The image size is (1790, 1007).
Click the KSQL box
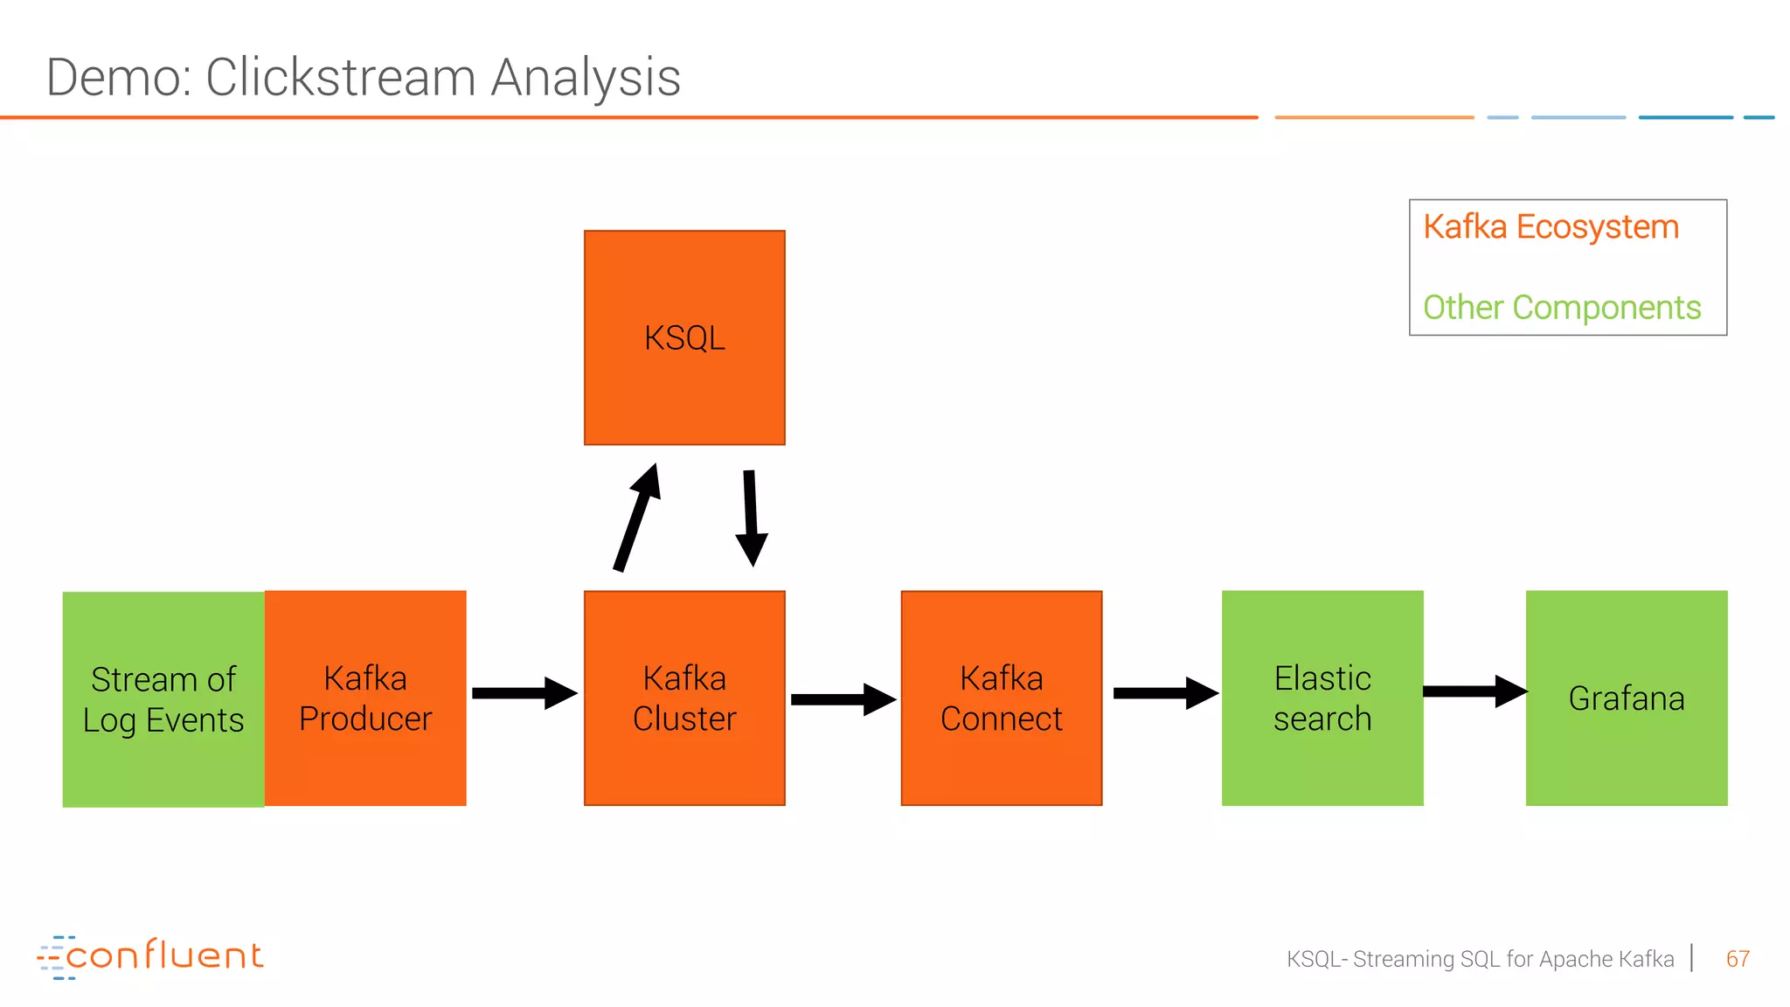click(684, 337)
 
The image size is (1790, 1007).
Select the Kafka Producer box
click(365, 698)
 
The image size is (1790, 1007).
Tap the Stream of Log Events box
click(163, 698)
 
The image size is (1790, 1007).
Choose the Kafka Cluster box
click(684, 698)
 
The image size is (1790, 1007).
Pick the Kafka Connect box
click(1002, 698)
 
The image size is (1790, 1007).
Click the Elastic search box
click(1322, 698)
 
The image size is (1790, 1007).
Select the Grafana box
click(1627, 698)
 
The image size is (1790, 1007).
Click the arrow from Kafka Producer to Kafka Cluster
click(524, 693)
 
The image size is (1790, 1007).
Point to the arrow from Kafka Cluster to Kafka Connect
click(843, 699)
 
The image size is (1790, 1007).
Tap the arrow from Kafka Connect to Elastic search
click(1164, 693)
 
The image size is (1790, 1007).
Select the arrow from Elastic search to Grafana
click(1474, 691)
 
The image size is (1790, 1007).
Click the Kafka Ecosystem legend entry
click(1551, 227)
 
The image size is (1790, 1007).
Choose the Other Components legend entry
click(1561, 308)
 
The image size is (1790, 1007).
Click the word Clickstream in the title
click(341, 77)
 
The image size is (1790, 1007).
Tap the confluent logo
click(150, 956)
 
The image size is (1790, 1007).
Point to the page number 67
click(1738, 959)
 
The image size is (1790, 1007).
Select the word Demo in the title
click(115, 77)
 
